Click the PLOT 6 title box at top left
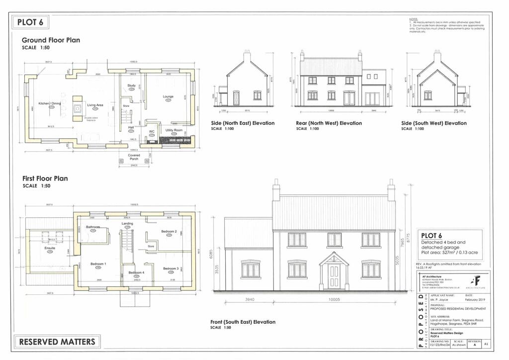point(30,22)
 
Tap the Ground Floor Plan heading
point(51,40)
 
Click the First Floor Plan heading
point(45,178)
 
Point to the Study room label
point(131,86)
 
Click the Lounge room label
point(168,96)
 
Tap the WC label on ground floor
point(152,132)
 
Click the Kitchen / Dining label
point(50,103)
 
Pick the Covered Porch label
point(134,157)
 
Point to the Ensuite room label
point(50,248)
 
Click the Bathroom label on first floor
point(93,227)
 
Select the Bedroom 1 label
point(98,264)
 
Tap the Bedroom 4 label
point(136,273)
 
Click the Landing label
point(128,224)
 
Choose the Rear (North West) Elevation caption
point(329,123)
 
